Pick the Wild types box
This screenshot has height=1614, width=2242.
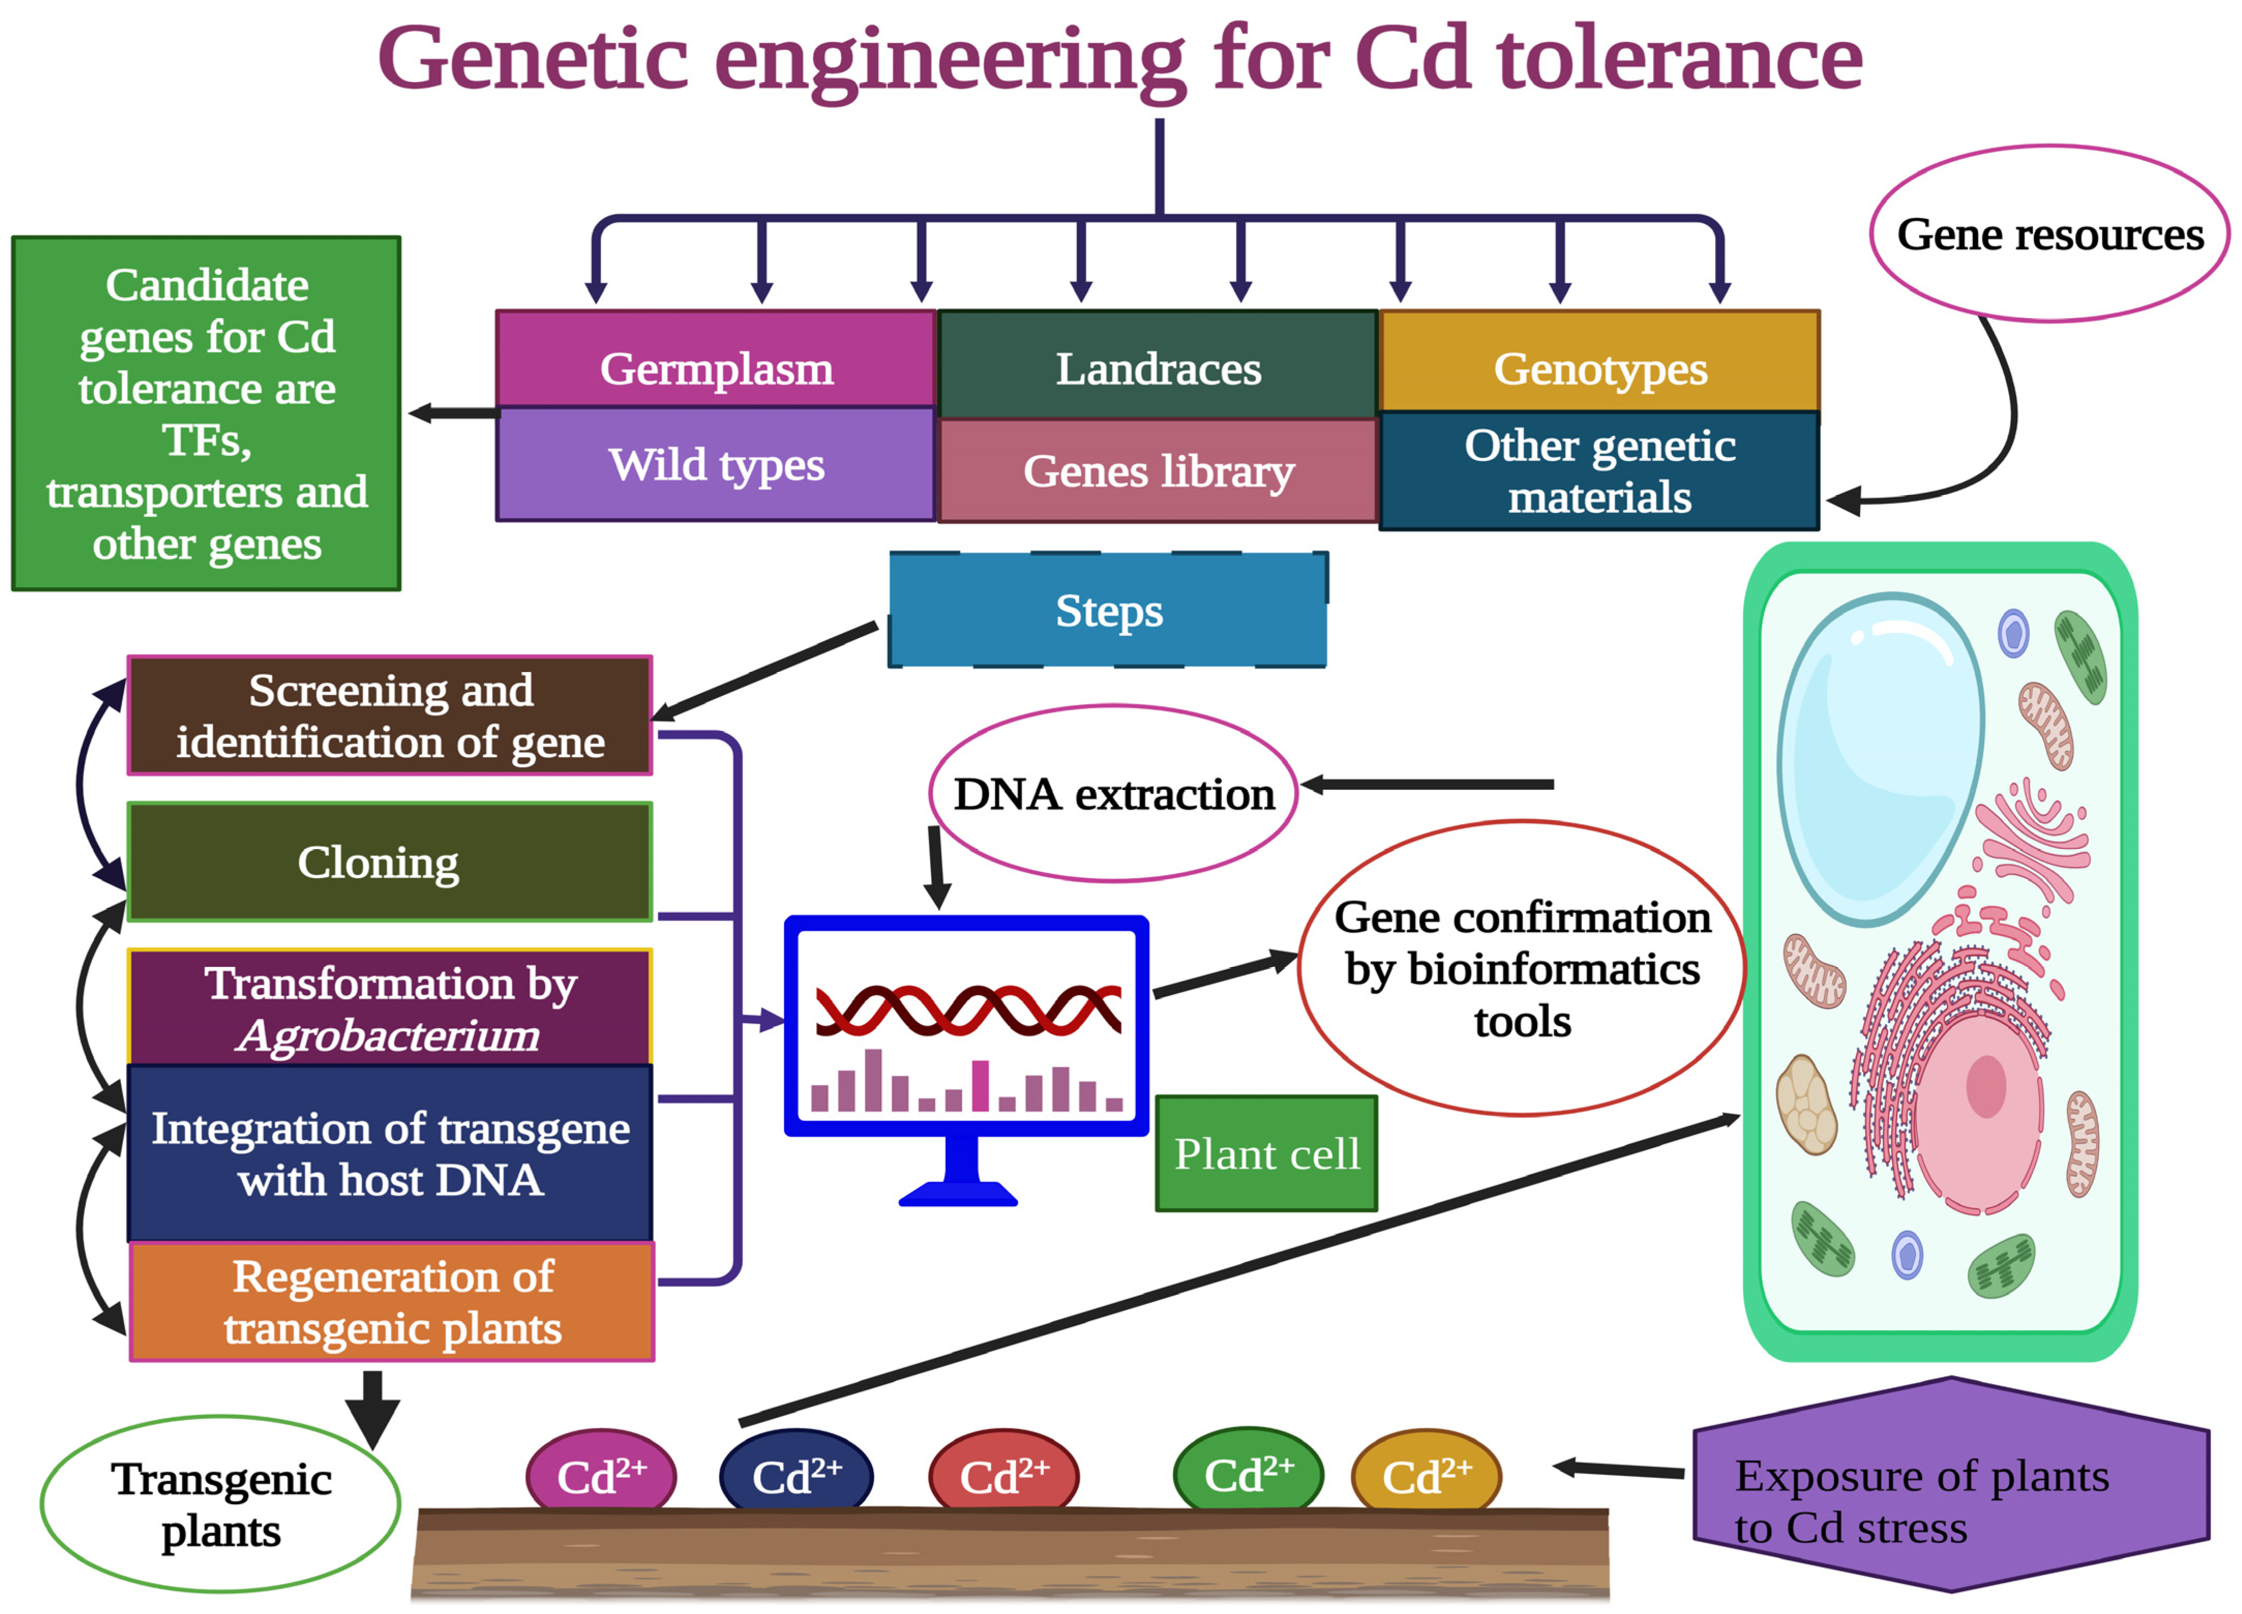coord(716,465)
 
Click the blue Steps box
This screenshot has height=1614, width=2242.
coord(1108,610)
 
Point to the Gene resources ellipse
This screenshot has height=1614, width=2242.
coord(2049,234)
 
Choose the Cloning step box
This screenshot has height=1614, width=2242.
coord(390,862)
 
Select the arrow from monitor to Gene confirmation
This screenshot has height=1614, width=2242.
coord(1224,975)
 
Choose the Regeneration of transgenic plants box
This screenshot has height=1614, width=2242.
coord(391,1301)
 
